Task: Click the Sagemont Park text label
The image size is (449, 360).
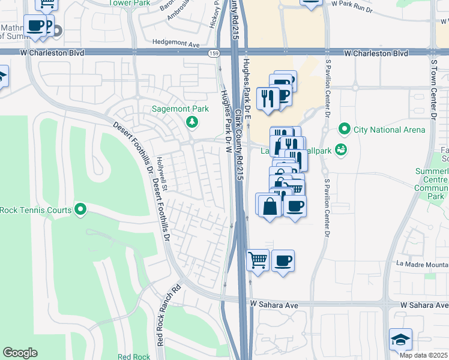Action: tap(179, 110)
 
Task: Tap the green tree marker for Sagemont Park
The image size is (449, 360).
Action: tap(192, 123)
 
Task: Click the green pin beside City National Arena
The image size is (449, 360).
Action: tap(345, 129)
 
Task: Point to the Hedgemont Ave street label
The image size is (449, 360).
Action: tap(175, 44)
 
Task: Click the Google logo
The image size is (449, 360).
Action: tap(20, 353)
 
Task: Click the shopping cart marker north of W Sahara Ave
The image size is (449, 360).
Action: tap(258, 260)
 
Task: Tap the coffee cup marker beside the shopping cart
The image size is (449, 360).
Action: tap(283, 260)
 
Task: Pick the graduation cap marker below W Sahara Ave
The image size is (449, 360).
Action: tap(400, 339)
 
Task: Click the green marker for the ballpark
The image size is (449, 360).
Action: tap(341, 149)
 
